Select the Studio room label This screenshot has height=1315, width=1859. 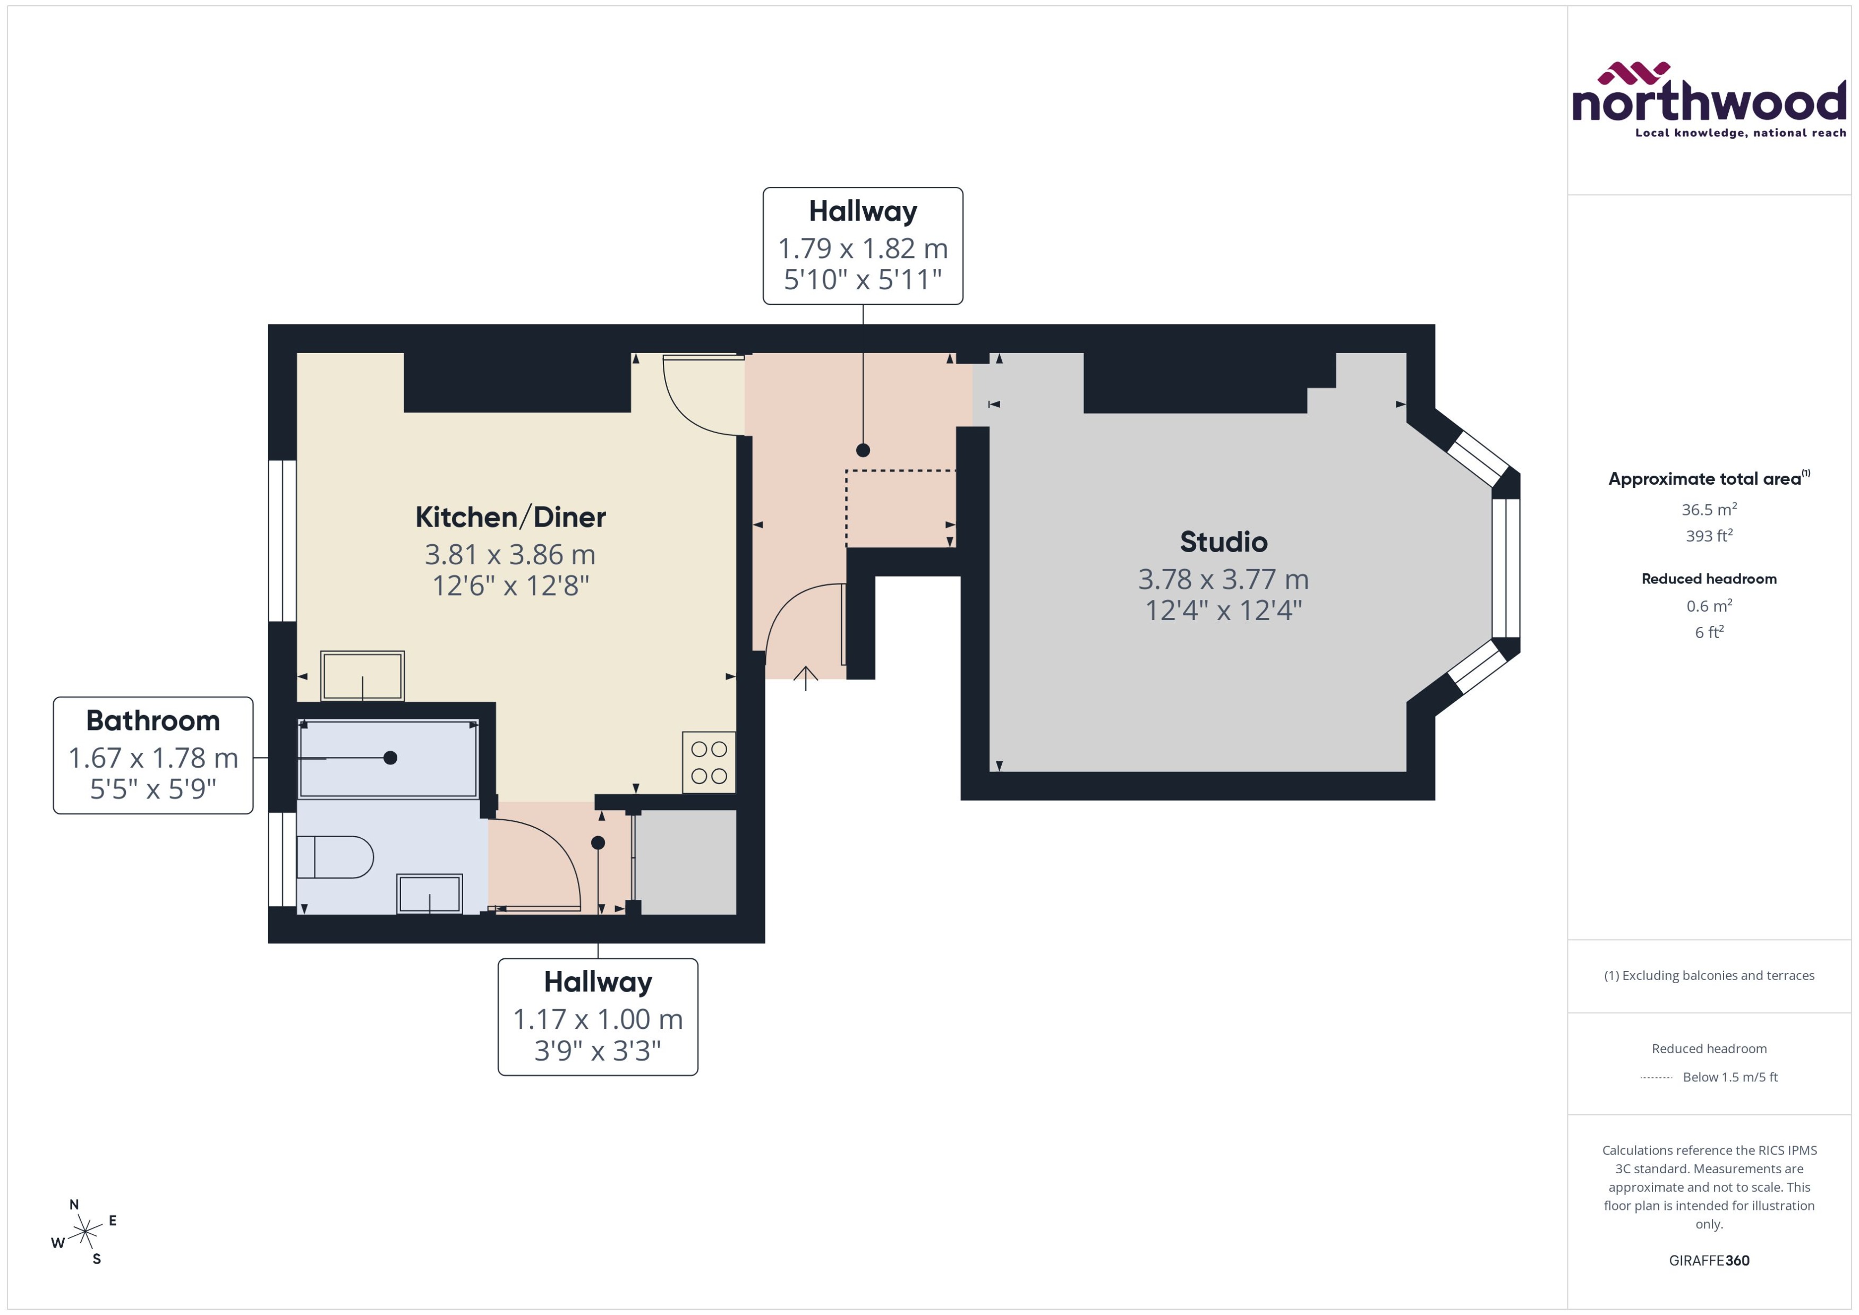point(1223,542)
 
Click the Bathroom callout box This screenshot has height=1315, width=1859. point(153,755)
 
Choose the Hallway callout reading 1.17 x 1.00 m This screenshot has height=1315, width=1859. point(598,1016)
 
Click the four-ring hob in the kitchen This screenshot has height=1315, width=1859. point(709,762)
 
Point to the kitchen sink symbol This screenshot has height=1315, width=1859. point(362,675)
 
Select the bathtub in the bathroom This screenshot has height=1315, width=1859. point(389,759)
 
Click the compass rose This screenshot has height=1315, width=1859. point(84,1232)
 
